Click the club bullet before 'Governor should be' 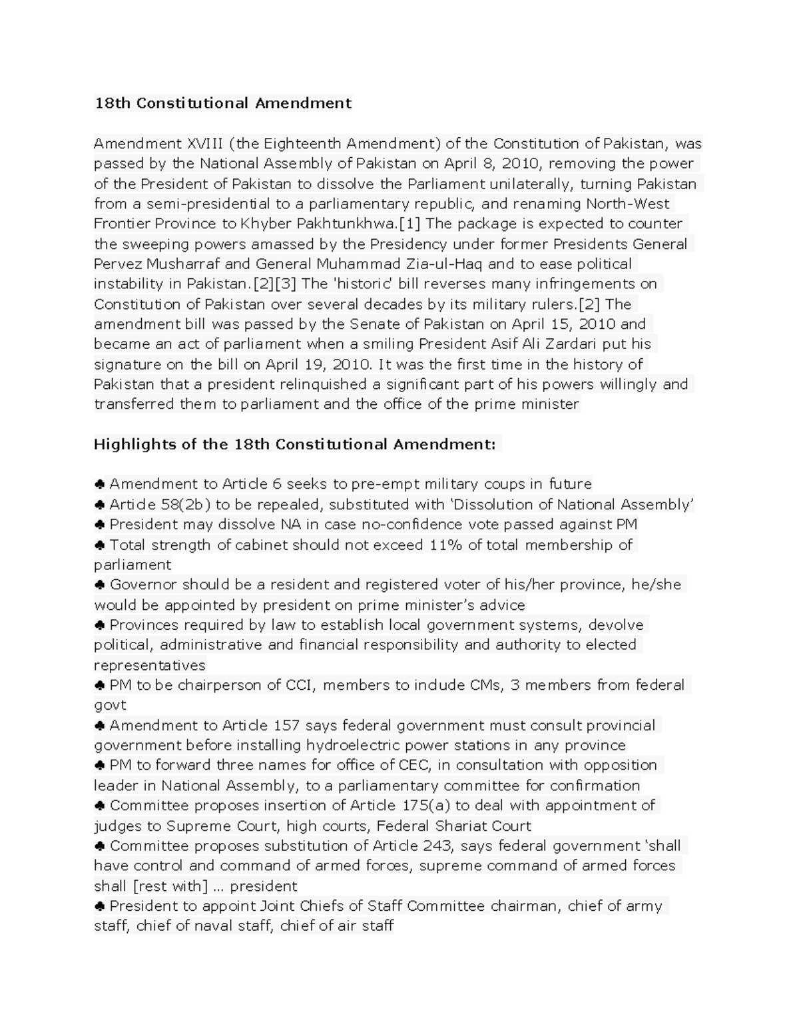tap(99, 585)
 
